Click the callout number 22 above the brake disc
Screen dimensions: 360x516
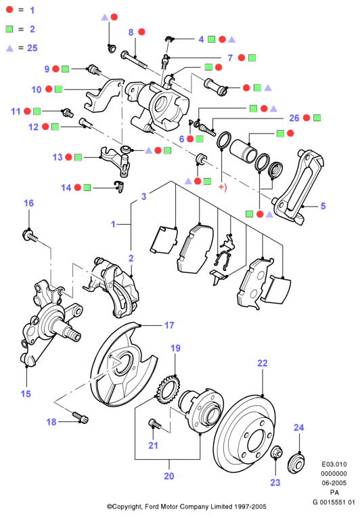tap(263, 363)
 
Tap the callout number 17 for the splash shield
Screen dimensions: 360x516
tap(169, 325)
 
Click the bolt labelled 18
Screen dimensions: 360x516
tap(81, 417)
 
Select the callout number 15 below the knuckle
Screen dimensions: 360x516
tap(26, 393)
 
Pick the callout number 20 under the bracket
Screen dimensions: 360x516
tap(169, 476)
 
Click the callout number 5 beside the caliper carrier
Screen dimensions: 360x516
tap(323, 206)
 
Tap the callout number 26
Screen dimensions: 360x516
tap(294, 118)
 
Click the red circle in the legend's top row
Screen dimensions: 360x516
tap(9, 9)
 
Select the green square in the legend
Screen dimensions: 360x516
tap(9, 29)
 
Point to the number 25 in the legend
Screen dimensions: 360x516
tap(32, 48)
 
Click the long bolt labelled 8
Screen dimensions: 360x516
tap(134, 59)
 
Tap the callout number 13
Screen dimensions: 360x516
tap(58, 157)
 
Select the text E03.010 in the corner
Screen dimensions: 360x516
tap(334, 465)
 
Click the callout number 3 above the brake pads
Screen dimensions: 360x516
tap(143, 196)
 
